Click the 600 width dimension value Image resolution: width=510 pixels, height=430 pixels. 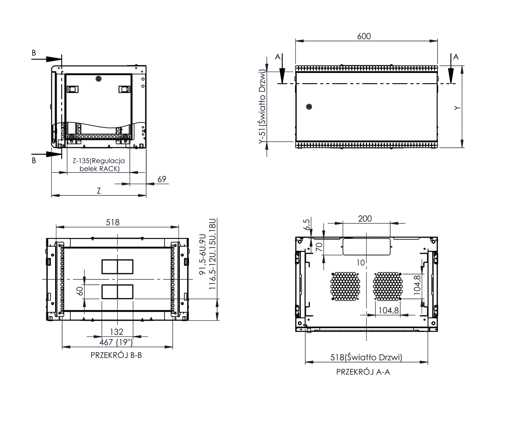pyautogui.click(x=364, y=36)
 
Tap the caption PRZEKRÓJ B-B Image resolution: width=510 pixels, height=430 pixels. pyautogui.click(x=116, y=355)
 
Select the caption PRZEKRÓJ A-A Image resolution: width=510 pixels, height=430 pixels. pyautogui.click(x=363, y=372)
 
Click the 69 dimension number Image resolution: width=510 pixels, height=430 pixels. pyautogui.click(x=162, y=179)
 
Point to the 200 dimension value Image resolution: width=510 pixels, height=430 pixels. pyautogui.click(x=365, y=219)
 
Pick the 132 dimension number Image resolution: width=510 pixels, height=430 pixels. pyautogui.click(x=116, y=332)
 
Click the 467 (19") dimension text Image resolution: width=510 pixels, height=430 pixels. pyautogui.click(x=116, y=342)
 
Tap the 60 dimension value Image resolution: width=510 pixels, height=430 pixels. pyautogui.click(x=80, y=291)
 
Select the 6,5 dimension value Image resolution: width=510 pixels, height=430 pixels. pyautogui.click(x=306, y=224)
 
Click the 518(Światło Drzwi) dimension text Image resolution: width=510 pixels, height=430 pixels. pyautogui.click(x=366, y=357)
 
